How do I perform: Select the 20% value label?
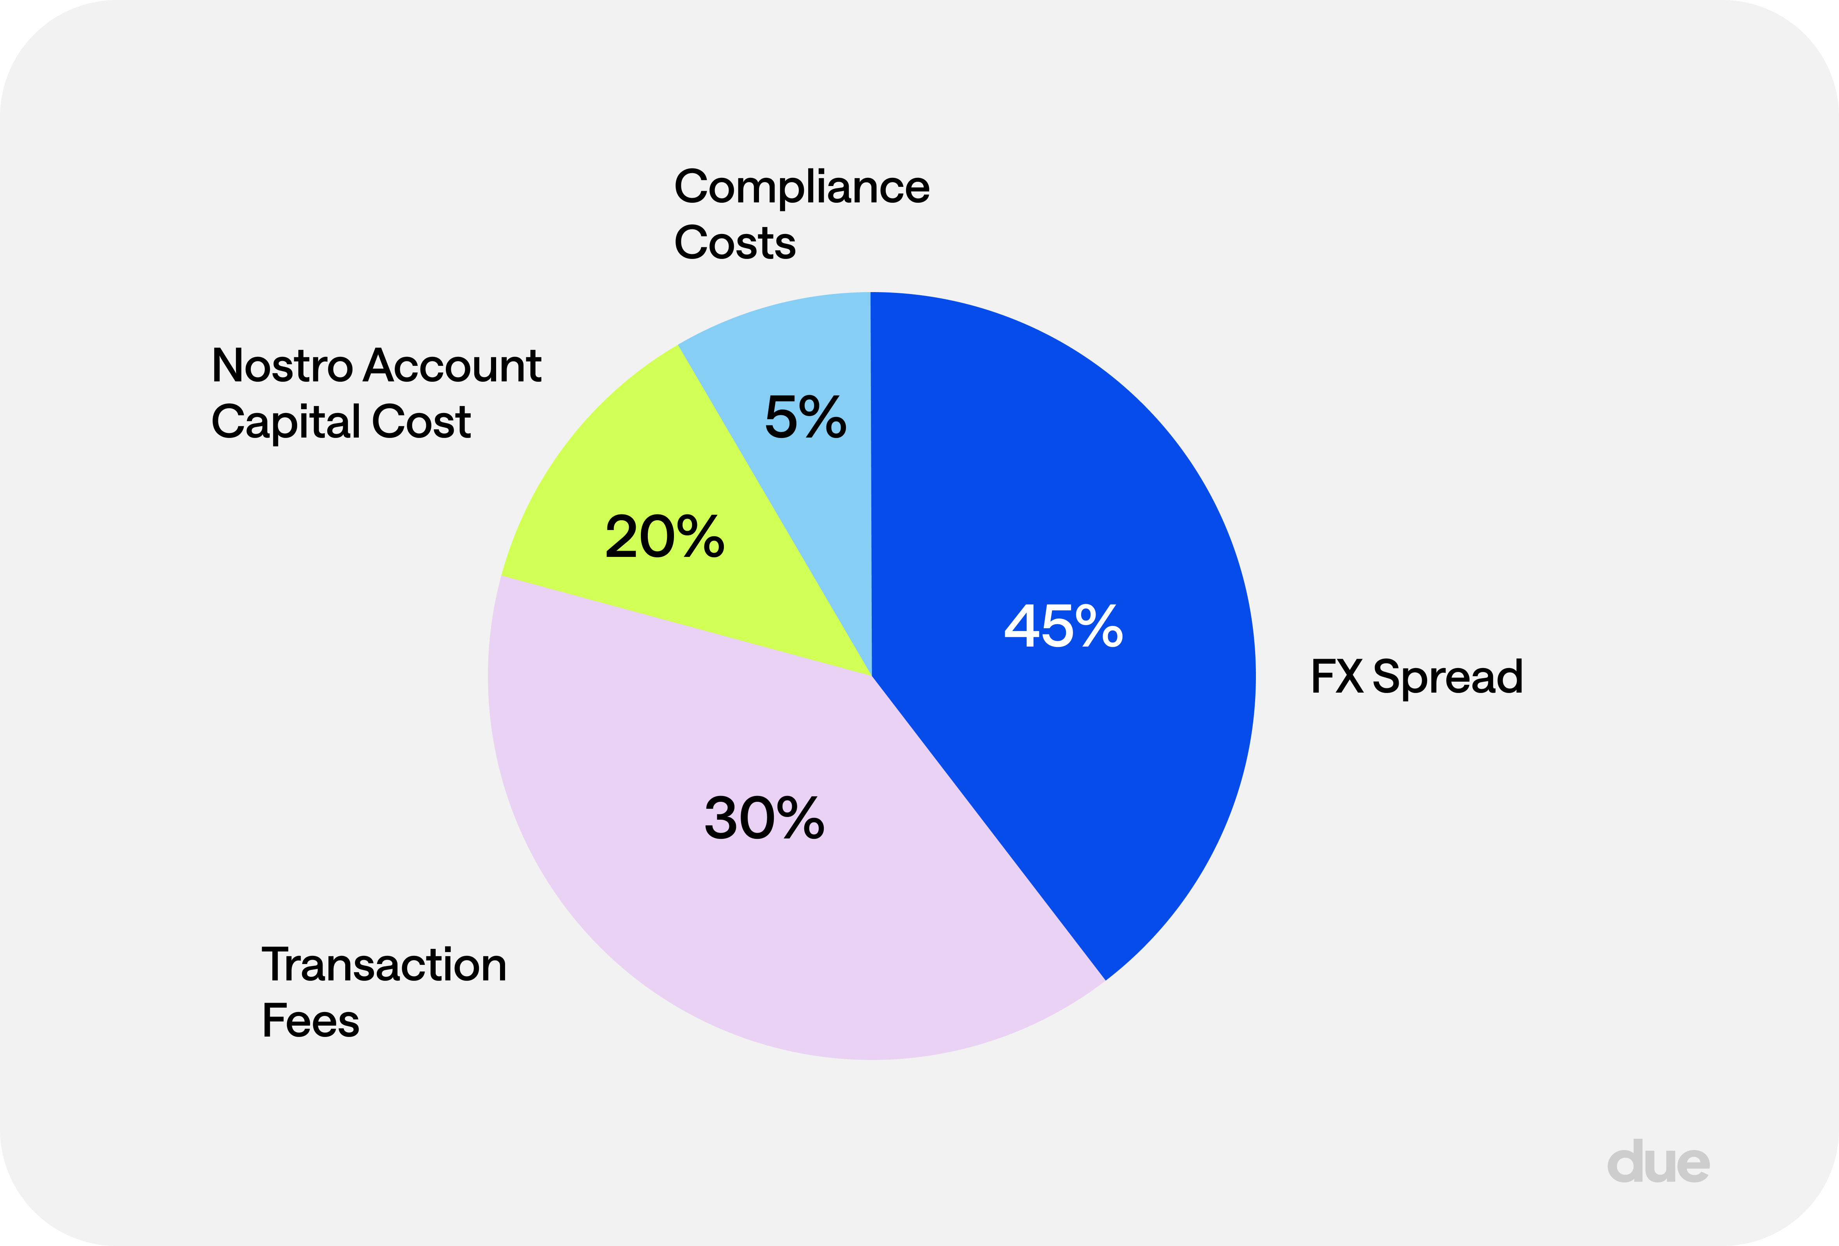click(665, 537)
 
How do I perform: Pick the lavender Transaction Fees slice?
click(712, 910)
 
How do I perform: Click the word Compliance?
click(802, 188)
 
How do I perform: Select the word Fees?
click(310, 1021)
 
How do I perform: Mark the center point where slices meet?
click(871, 675)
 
